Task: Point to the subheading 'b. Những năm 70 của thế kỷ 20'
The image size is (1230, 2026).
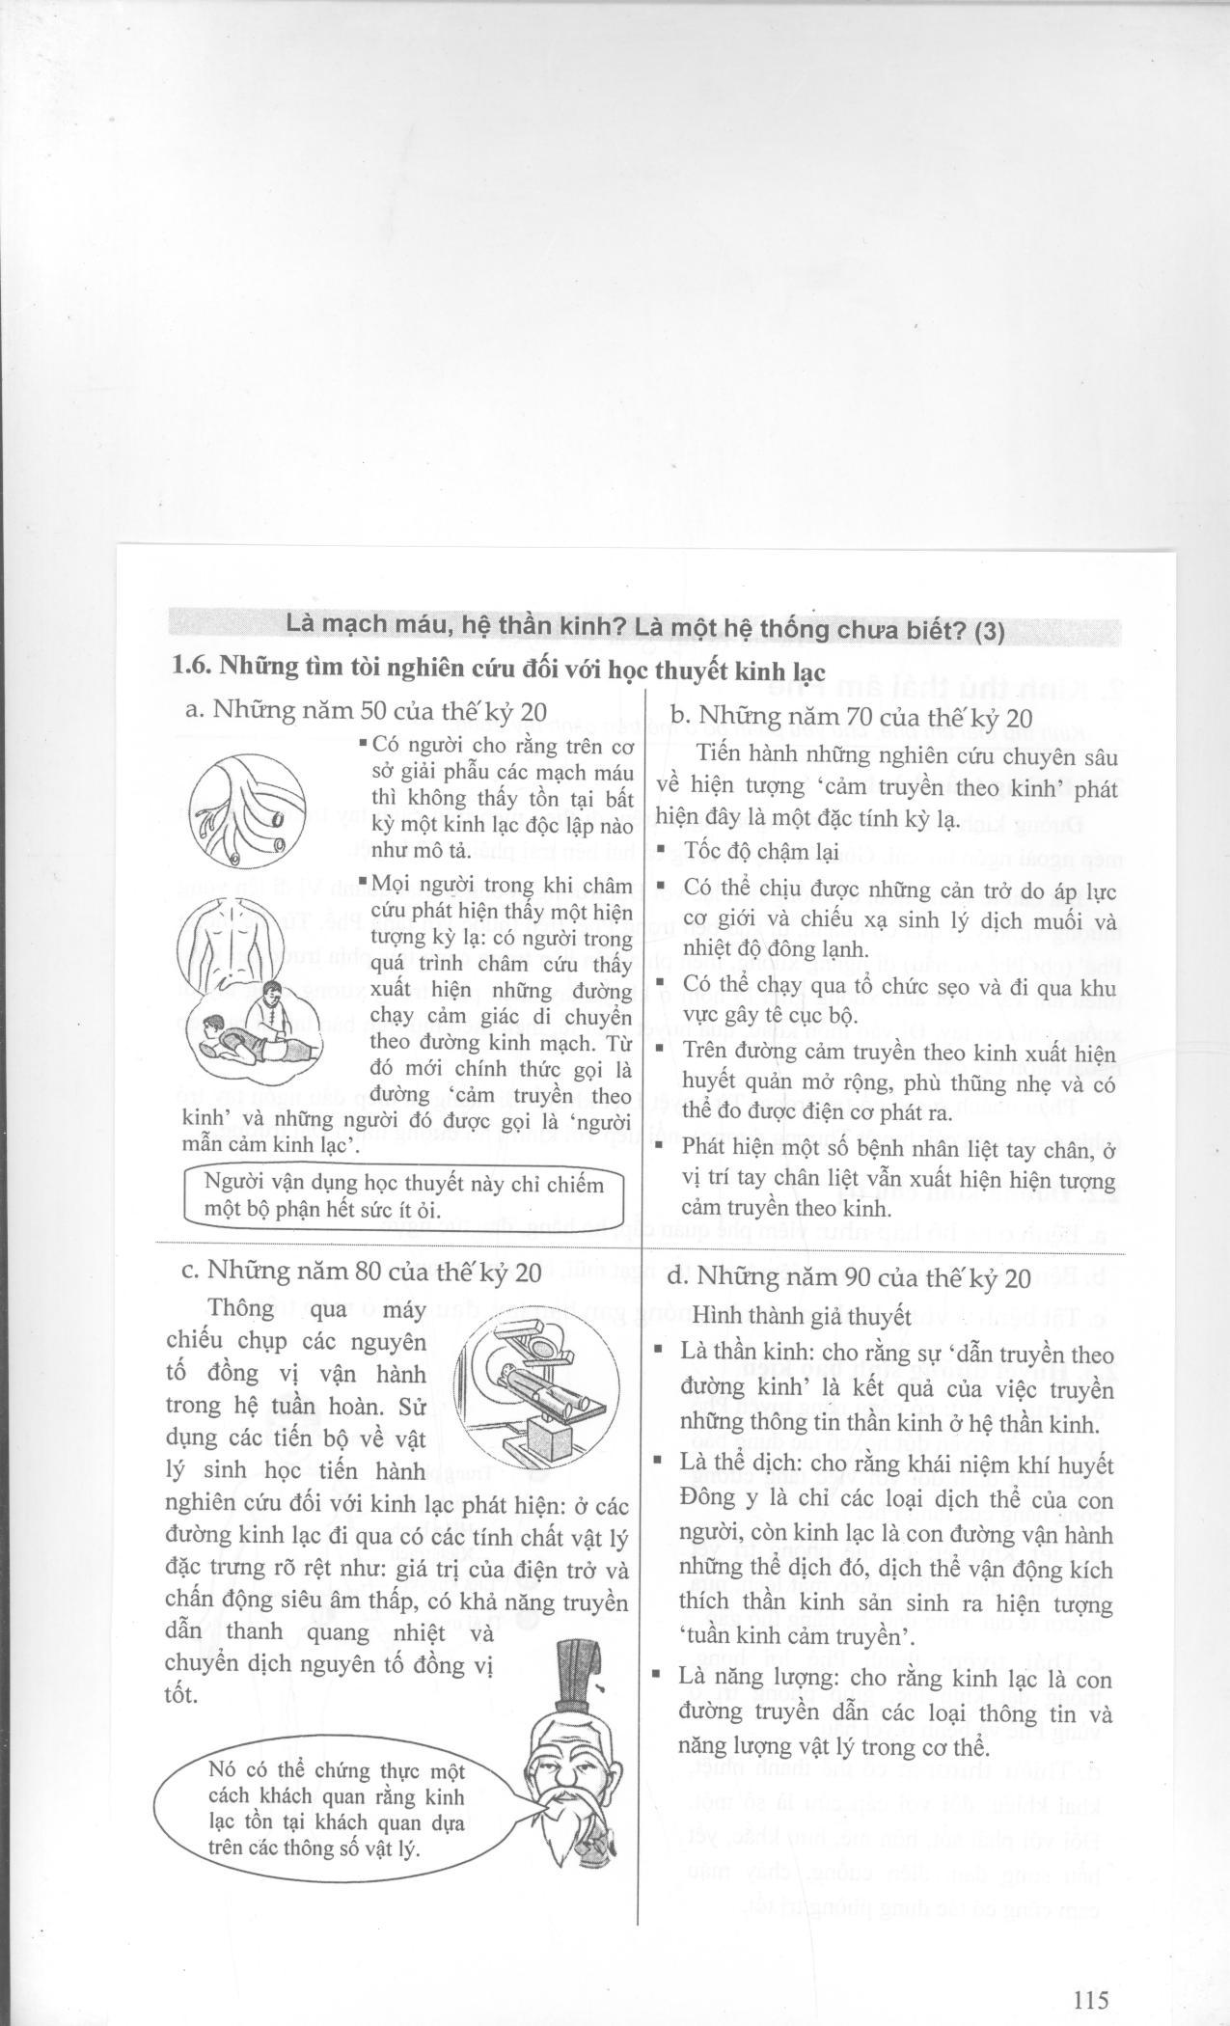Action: [x=851, y=717]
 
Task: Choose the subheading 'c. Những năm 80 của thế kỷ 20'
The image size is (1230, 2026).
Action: [x=362, y=1272]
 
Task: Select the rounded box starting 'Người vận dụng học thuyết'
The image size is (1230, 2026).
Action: [x=403, y=1196]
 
